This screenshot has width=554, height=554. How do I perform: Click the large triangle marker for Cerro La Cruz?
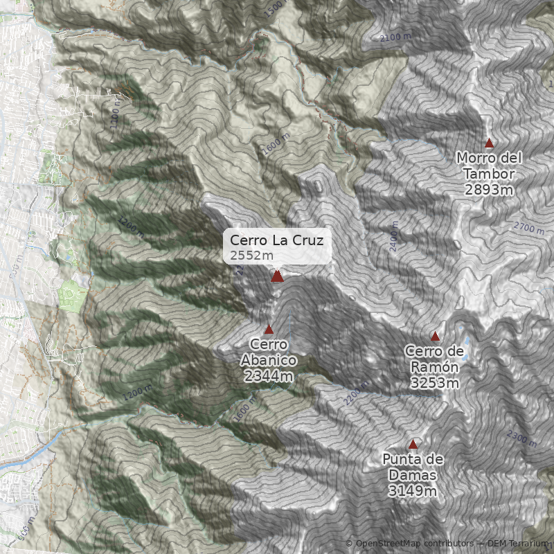[277, 276]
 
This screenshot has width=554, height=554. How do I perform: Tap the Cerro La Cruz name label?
[276, 240]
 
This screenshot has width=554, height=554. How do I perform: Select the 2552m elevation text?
[247, 256]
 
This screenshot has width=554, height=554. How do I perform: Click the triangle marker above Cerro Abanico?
[269, 329]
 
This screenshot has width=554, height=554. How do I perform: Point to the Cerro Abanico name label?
[269, 352]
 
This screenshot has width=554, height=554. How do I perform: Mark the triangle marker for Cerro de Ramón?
[435, 336]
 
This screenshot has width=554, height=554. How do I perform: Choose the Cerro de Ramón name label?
[434, 359]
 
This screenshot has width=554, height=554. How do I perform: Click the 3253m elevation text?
[434, 383]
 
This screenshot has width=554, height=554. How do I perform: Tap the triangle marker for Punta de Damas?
[413, 444]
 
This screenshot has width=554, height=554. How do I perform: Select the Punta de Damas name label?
[413, 467]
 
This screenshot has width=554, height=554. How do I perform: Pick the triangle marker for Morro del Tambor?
[489, 143]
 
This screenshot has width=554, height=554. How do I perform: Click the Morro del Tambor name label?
[489, 166]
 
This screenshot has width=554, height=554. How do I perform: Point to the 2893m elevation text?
[489, 190]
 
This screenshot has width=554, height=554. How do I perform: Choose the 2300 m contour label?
[522, 438]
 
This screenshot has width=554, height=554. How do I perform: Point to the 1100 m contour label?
[115, 111]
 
